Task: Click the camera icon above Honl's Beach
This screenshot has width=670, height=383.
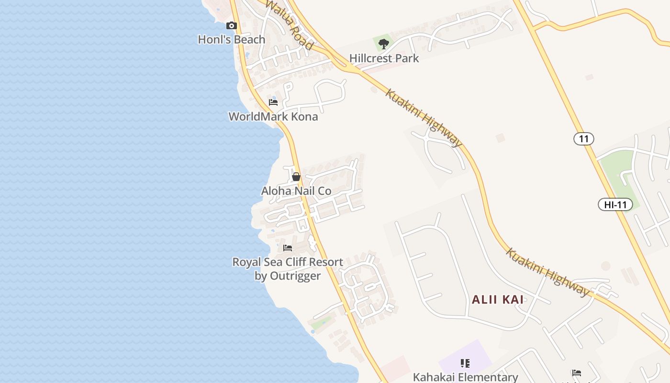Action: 232,26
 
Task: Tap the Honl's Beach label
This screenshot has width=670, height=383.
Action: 232,40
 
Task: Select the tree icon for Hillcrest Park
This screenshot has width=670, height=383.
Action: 383,44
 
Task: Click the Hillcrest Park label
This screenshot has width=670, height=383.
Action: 384,58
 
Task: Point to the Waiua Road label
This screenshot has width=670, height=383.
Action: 289,24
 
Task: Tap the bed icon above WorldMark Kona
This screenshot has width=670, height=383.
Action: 273,102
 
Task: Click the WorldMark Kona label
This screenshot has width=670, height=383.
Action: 273,116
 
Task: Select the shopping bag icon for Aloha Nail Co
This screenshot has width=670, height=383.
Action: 296,177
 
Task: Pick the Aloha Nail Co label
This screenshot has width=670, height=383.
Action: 296,191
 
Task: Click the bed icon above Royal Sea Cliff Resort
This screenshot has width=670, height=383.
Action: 288,248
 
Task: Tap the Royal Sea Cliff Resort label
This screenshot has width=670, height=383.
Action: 288,262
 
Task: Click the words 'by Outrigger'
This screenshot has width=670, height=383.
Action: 288,276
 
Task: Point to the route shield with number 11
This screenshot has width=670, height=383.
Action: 583,139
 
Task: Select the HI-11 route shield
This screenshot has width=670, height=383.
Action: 615,205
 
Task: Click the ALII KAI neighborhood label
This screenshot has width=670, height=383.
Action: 498,300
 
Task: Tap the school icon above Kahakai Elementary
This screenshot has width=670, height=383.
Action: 465,363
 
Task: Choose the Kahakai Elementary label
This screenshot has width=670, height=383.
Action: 465,377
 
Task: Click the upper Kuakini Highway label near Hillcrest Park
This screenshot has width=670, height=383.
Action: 424,118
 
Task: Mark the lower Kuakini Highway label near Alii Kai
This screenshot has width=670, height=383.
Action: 547,272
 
